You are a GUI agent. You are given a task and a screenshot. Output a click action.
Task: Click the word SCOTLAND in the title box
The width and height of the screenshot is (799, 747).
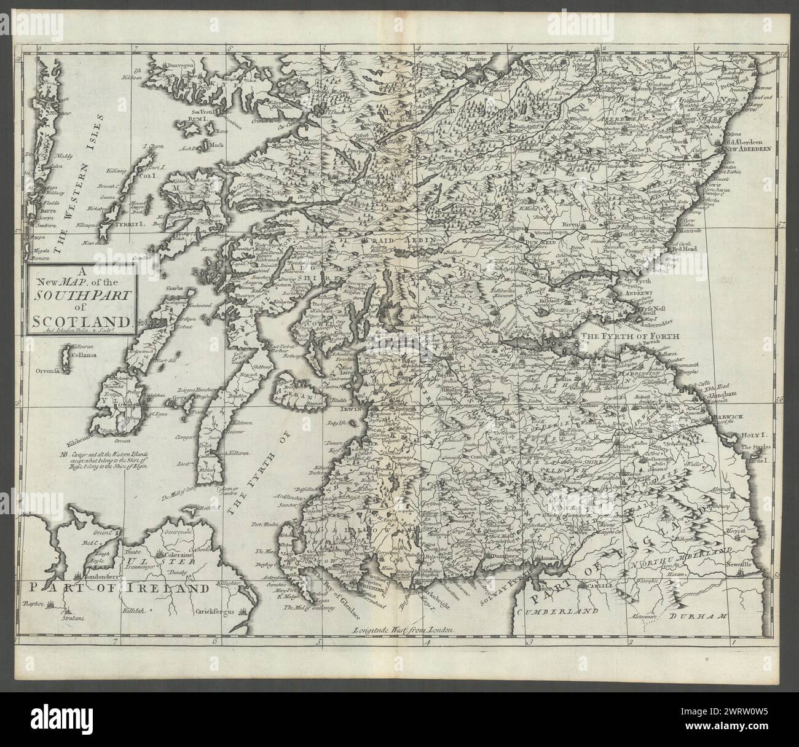78,319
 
